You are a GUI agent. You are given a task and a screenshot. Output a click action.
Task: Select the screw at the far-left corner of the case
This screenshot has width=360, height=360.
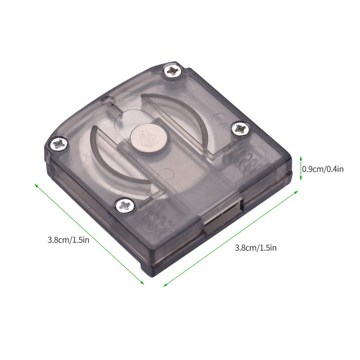point(58,144)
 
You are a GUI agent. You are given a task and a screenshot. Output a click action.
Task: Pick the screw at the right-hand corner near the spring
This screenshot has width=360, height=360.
point(240,128)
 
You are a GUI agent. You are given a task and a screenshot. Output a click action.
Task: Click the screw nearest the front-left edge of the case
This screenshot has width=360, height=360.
point(125,205)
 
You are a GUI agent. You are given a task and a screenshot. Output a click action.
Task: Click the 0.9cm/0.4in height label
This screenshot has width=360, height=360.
point(323,169)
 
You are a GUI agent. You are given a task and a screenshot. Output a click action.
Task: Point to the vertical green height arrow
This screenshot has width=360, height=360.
point(301,168)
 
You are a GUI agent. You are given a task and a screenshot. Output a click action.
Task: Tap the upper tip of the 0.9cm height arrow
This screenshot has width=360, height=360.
point(301,156)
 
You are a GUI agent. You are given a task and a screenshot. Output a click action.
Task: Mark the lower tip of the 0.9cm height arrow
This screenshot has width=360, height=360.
point(301,180)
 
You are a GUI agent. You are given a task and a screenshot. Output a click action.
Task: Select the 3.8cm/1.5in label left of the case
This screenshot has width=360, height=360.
point(68,240)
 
